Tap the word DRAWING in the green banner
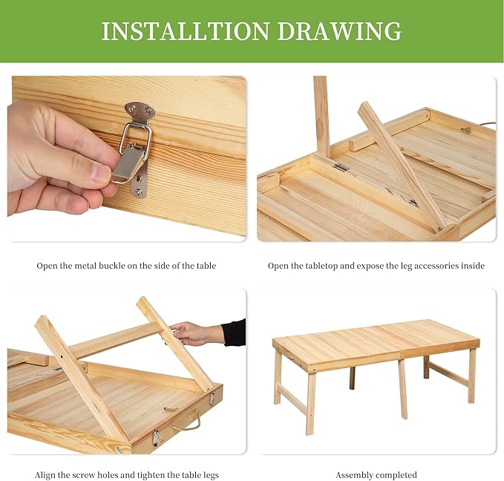pos(339,31)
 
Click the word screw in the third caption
pos(83,475)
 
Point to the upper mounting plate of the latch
pos(140,111)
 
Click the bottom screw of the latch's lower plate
pos(139,192)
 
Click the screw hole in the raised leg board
pos(62,356)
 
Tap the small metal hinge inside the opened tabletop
pos(340,167)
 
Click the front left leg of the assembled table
pos(310,403)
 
